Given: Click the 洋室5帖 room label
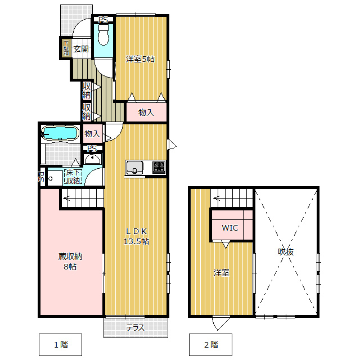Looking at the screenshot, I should pos(140,59).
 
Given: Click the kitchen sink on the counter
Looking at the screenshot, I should pos(135,167).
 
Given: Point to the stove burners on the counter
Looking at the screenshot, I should pos(159,167).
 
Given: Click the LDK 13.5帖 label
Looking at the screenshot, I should pos(136,236).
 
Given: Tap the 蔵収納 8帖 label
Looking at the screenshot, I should pos(70,262).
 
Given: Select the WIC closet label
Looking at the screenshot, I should pos(229,228).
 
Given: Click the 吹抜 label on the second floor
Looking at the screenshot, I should pos(286,251).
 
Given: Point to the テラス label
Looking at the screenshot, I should pos(136,328).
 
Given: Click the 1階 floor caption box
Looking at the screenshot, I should pos(61,344).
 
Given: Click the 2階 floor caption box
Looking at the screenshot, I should pos(210,344).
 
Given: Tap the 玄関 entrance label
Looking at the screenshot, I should pos(80,49).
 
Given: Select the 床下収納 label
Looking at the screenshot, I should pos(73,177).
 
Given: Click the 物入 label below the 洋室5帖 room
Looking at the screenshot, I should pos(146,112).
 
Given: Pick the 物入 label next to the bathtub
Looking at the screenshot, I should pos(92,134).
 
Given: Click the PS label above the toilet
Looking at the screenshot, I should pos(102,20).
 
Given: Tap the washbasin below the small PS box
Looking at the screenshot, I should pos(93,159).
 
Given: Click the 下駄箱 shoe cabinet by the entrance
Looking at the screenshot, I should pos(66,48).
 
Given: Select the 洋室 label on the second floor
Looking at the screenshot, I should pos(221,273).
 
